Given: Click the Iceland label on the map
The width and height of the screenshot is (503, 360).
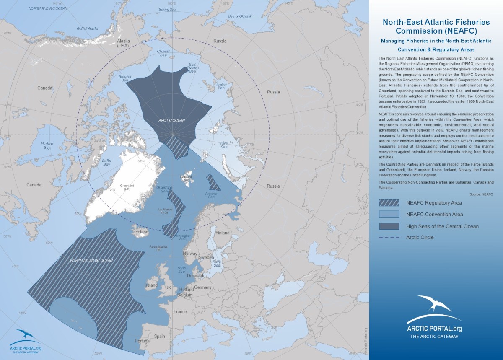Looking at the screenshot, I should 141,232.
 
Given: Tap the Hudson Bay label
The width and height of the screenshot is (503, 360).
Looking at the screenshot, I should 47,146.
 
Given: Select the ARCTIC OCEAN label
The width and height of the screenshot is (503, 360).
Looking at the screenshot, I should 172,120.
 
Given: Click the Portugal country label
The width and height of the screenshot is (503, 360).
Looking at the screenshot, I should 143,341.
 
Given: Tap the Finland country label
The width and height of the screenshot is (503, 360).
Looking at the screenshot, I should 223,233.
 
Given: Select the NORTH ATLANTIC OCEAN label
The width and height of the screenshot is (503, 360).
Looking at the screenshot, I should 91,260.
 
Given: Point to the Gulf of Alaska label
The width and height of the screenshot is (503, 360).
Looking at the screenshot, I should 87,28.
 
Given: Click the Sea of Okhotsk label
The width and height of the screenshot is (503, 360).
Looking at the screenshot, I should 240,16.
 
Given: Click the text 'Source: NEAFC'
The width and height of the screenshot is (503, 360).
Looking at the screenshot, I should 481,195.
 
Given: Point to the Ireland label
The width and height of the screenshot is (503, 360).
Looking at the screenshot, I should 151,285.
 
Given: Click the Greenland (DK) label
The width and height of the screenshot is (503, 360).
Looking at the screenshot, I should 124,187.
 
